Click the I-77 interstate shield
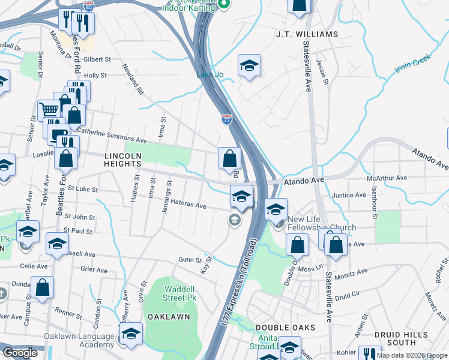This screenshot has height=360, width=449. click(227, 119)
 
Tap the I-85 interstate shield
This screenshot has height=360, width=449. click(89, 7)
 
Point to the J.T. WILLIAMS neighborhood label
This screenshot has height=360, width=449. click(307, 34)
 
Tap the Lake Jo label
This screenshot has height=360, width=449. click(210, 74)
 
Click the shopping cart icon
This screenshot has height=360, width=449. click(49, 109)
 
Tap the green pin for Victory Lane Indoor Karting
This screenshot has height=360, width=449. click(224, 5)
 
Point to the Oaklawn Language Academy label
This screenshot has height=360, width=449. click(79, 340)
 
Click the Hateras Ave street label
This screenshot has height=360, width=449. click(188, 205)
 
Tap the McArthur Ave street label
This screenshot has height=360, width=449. click(387, 178)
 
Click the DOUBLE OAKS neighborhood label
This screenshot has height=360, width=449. click(277, 327)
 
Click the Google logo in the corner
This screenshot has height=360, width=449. click(20, 353)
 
